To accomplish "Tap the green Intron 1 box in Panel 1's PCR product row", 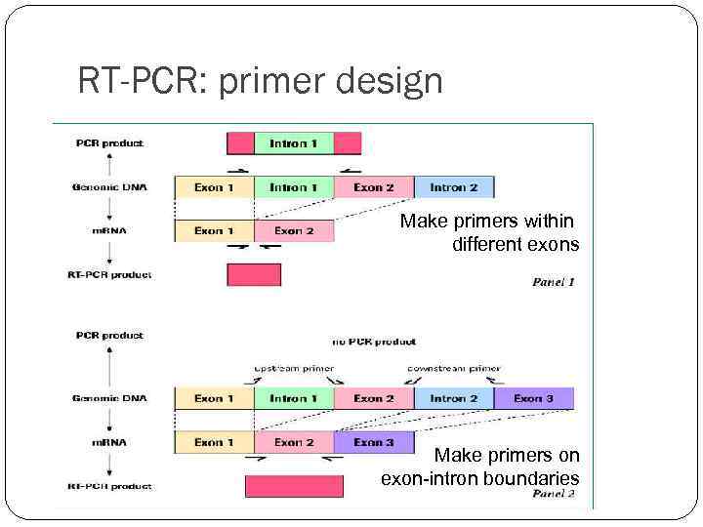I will pos(293,143).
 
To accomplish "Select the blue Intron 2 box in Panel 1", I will pos(453,187).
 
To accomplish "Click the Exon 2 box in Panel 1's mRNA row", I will pos(294,231).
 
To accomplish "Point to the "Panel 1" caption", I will pos(553,282).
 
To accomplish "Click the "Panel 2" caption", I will pos(553,494).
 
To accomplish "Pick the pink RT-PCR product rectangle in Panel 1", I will pos(254,275).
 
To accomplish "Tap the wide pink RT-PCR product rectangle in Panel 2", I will pos(294,486).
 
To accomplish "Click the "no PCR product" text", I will pos(374,342).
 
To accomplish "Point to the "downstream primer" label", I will pos(454,369).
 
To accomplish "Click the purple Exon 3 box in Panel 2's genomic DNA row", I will pos(533,398).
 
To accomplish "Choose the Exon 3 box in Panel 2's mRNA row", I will pos(374,442).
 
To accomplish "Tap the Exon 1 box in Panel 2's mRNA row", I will pos(214,442).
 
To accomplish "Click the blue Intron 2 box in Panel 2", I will pos(453,398).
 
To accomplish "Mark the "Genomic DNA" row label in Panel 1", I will pos(108,187).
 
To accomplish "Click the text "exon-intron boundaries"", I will pos(479,478).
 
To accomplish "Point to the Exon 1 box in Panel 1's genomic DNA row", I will pos(214,187).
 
